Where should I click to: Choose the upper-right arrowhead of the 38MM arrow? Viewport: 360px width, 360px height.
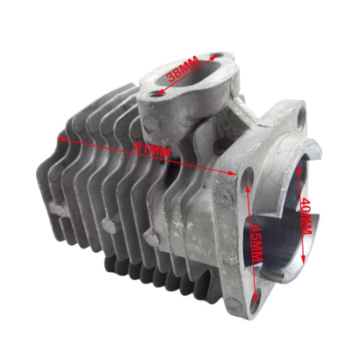pyautogui.click(x=214, y=59)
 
